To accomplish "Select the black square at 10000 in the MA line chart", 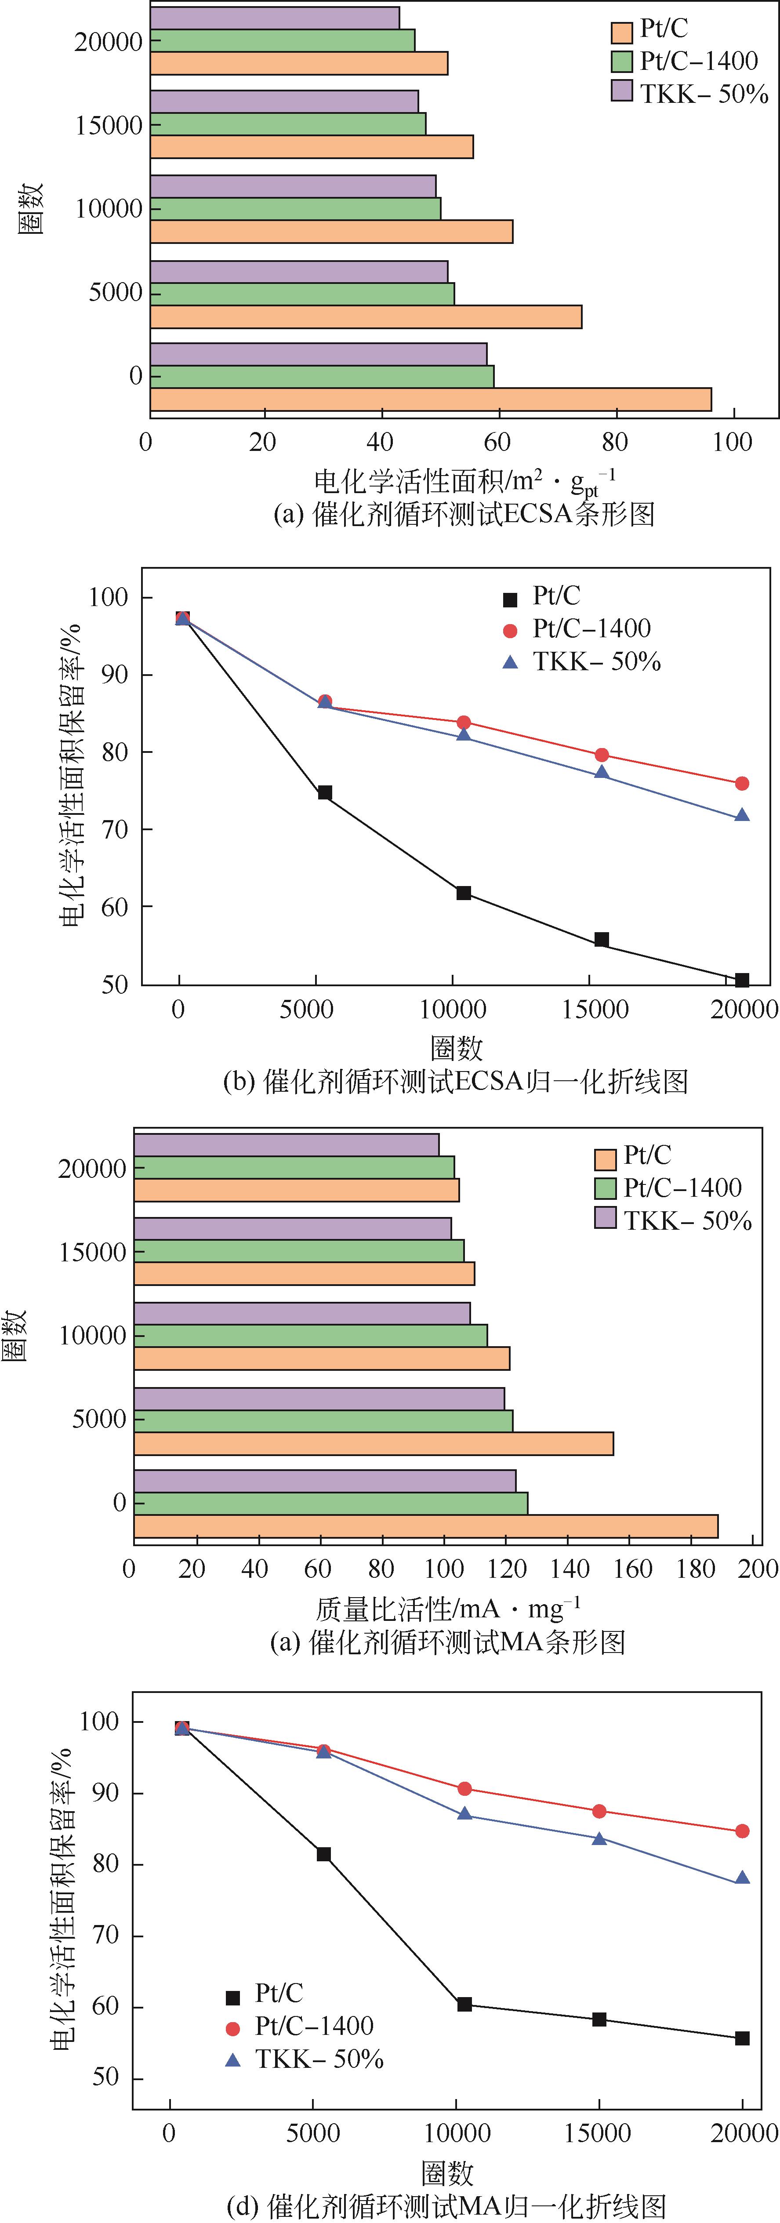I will (x=464, y=2004).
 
